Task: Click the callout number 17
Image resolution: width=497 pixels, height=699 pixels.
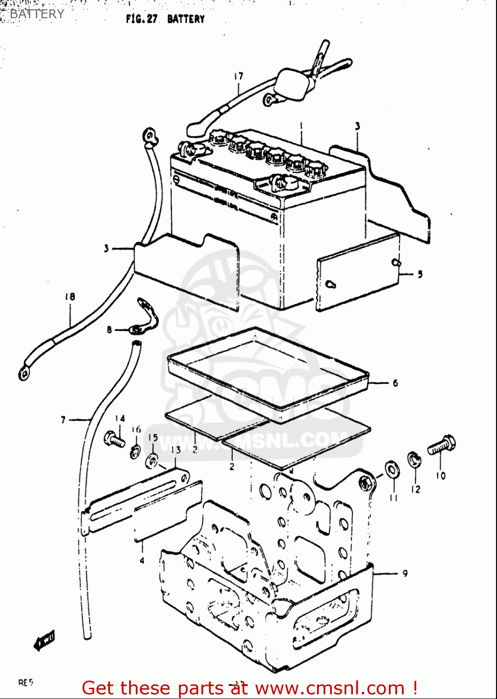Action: pos(238,76)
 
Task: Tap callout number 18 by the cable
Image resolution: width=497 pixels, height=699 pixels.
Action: pos(70,296)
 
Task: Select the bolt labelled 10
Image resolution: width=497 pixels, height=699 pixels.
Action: pos(442,445)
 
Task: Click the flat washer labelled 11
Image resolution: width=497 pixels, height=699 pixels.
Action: pos(392,470)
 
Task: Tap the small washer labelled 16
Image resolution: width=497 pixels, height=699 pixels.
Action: pos(135,451)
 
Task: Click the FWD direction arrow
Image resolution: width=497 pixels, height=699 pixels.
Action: pos(45,640)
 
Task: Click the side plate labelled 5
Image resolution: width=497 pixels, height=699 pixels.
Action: pos(358,271)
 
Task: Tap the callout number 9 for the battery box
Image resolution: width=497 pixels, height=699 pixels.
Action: pos(405,573)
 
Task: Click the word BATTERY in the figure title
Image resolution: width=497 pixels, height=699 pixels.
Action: pos(186,19)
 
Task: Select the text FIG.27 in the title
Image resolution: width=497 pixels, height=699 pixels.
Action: pos(142,19)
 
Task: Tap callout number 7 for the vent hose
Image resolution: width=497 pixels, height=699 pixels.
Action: pos(63,420)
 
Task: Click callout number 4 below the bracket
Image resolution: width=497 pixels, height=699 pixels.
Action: pos(142,561)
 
